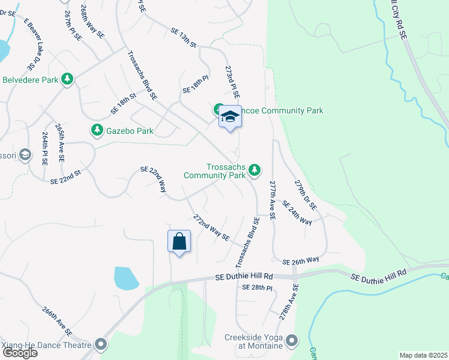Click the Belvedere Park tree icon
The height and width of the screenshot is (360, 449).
tap(68, 79)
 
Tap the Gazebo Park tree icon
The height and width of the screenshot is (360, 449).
tap(97, 130)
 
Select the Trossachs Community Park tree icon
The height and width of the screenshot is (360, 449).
tap(255, 170)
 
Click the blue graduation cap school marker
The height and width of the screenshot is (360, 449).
tap(229, 117)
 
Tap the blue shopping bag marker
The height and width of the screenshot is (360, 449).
tap(179, 242)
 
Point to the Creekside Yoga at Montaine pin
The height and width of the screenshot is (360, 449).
tap(292, 341)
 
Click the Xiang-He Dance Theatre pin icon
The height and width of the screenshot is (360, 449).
tap(100, 345)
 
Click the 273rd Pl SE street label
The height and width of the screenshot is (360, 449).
tap(232, 82)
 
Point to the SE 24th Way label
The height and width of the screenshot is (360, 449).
tap(297, 213)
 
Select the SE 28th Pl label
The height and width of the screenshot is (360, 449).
tap(257, 288)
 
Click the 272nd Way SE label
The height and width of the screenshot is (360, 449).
tap(211, 227)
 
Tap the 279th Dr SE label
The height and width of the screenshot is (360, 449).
tap(305, 194)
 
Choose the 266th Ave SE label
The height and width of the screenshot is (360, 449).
tap(57, 322)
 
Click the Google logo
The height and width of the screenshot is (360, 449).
tap(20, 353)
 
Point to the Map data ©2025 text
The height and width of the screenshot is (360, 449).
tap(423, 355)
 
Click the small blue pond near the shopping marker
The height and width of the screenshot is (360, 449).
tap(126, 278)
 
